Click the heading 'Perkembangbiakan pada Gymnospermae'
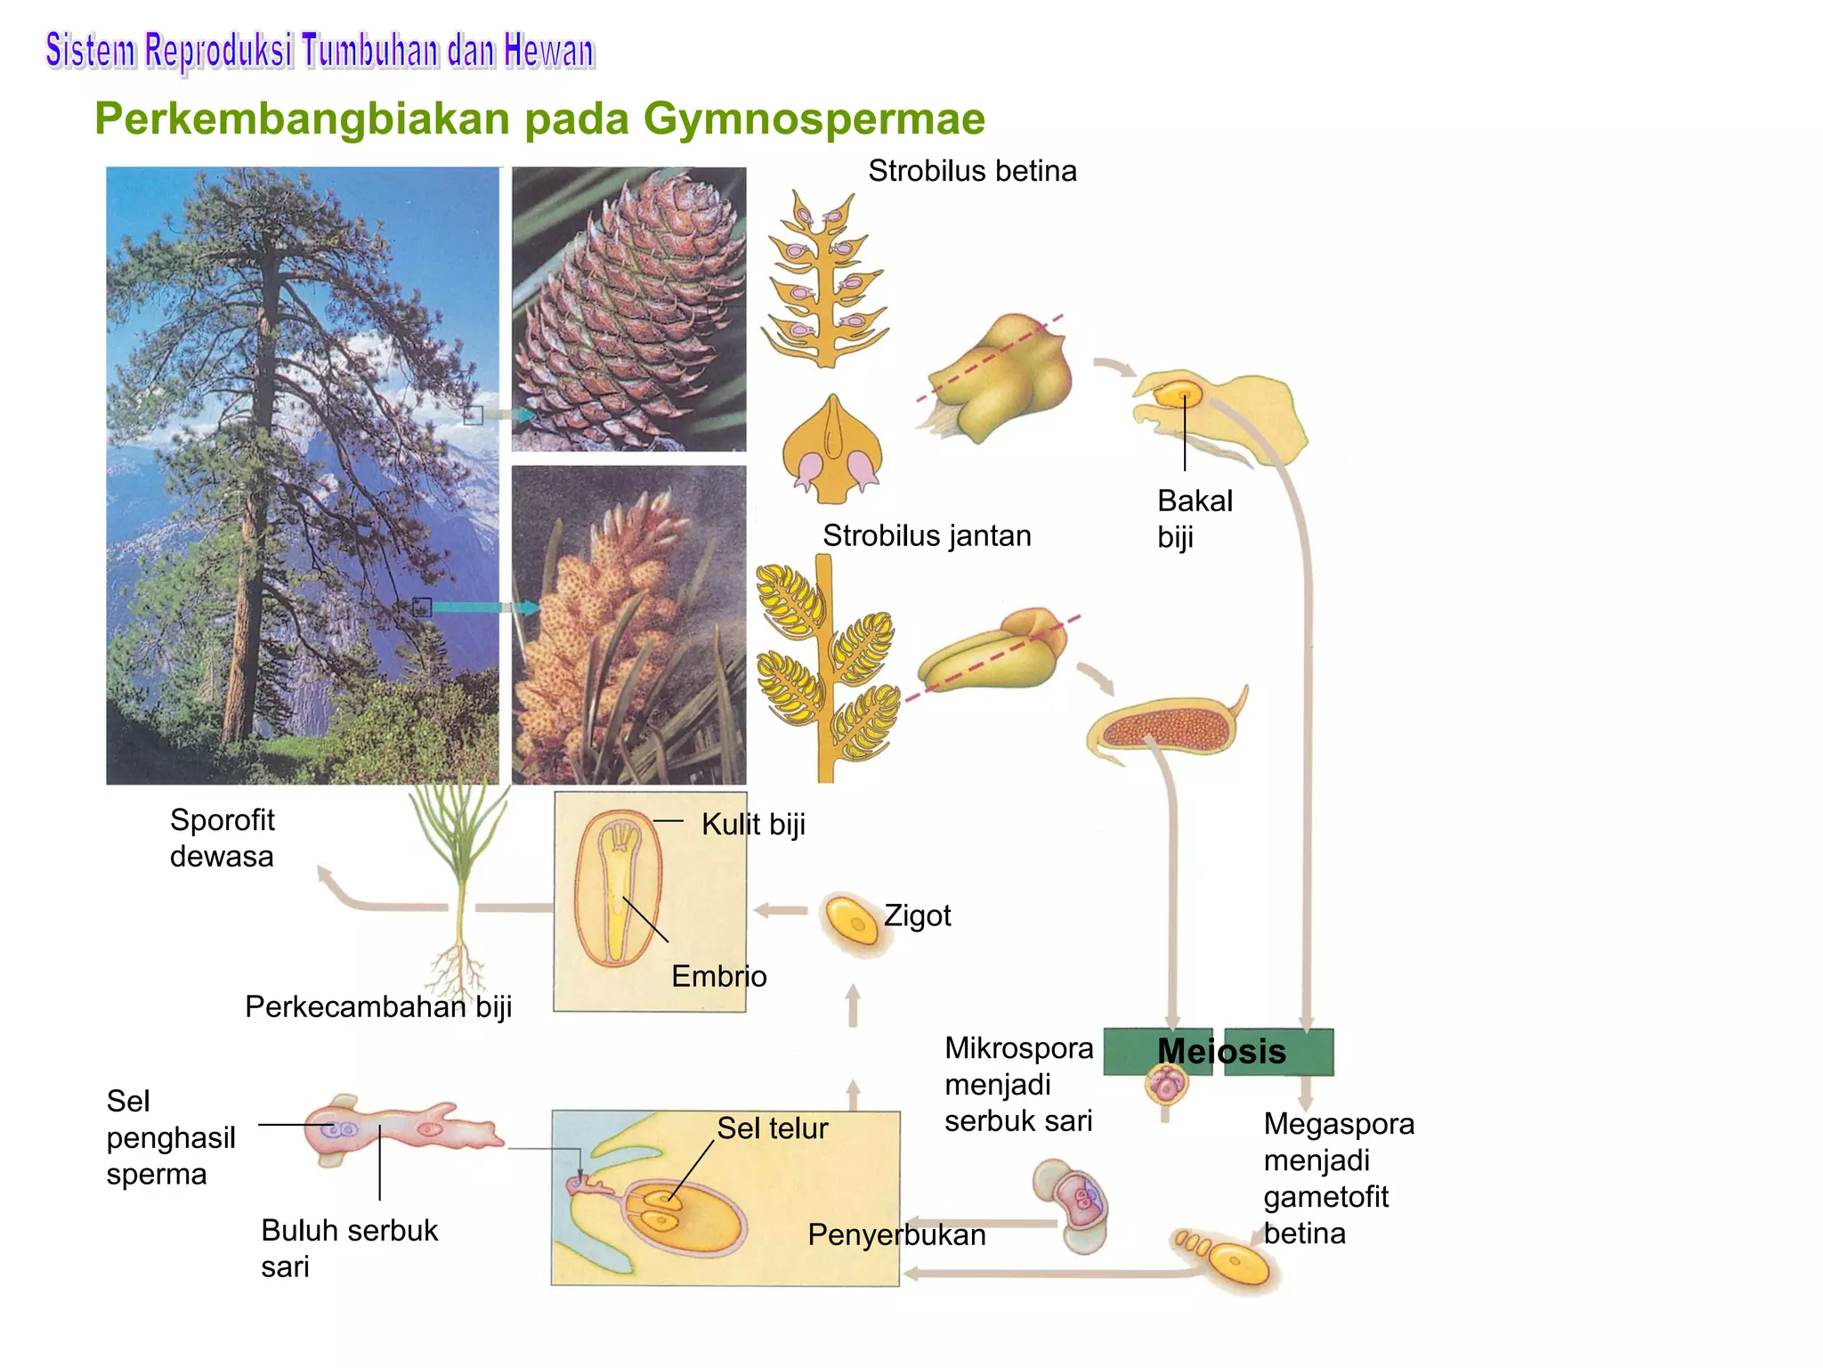[x=539, y=119]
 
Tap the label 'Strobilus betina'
[x=972, y=170]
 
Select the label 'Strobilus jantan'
[x=927, y=535]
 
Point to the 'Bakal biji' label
[x=1195, y=518]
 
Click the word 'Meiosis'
[x=1221, y=1052]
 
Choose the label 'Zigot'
[x=917, y=916]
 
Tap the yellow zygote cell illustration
[x=853, y=923]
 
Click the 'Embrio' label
[x=718, y=976]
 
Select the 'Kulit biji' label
[x=753, y=825]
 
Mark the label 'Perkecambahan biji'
[x=378, y=1006]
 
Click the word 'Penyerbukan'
[x=896, y=1235]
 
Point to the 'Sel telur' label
[x=772, y=1128]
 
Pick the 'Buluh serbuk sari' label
[x=349, y=1248]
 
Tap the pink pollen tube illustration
[x=401, y=1128]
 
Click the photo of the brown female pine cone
[x=628, y=309]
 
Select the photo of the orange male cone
[x=628, y=624]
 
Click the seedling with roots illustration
[x=459, y=882]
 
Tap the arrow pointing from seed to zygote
[x=781, y=910]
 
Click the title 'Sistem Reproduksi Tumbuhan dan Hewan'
[x=320, y=51]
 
